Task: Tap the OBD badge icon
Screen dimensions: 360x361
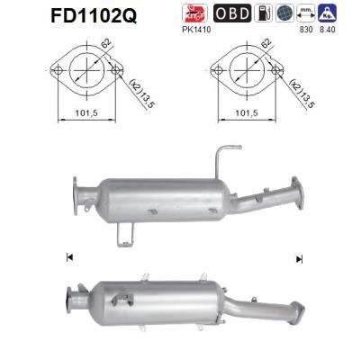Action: point(232,13)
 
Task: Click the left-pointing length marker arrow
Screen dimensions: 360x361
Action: point(69,257)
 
